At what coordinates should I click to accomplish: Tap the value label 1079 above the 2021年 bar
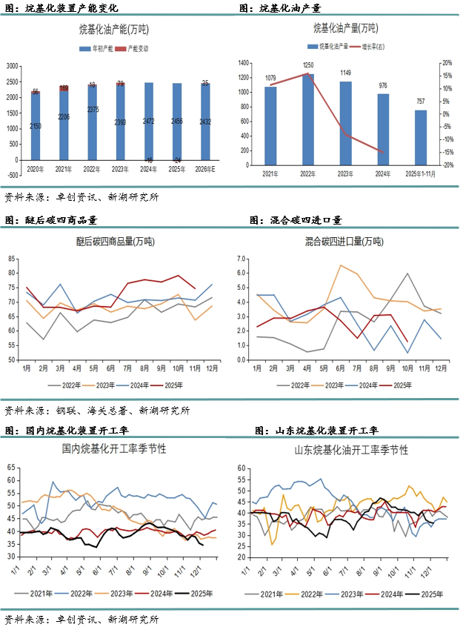(x=270, y=79)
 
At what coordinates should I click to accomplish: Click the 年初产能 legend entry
(x=100, y=48)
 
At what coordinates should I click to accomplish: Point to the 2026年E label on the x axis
(x=206, y=170)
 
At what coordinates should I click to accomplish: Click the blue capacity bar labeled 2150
(x=36, y=126)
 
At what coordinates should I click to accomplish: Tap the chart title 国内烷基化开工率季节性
(x=114, y=449)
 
